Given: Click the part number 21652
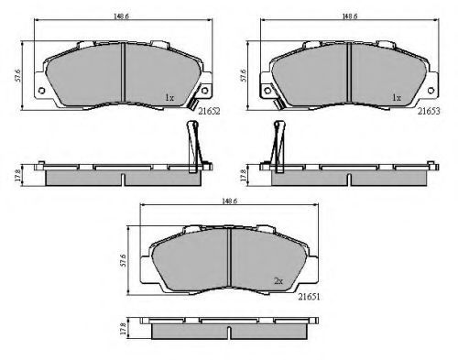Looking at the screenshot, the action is [x=209, y=112].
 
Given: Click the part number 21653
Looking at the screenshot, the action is [x=429, y=112].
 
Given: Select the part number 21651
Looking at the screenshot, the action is [x=309, y=297].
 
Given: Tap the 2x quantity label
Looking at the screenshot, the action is [x=278, y=281].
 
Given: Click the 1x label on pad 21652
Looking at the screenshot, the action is [x=169, y=98].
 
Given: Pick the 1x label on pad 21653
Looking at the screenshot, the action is [x=397, y=98].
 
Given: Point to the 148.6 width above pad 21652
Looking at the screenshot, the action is [x=121, y=16].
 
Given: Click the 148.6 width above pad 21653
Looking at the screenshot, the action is [x=350, y=16].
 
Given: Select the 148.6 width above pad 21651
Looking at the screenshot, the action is [x=230, y=202].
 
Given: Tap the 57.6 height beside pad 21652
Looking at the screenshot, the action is [x=18, y=75].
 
